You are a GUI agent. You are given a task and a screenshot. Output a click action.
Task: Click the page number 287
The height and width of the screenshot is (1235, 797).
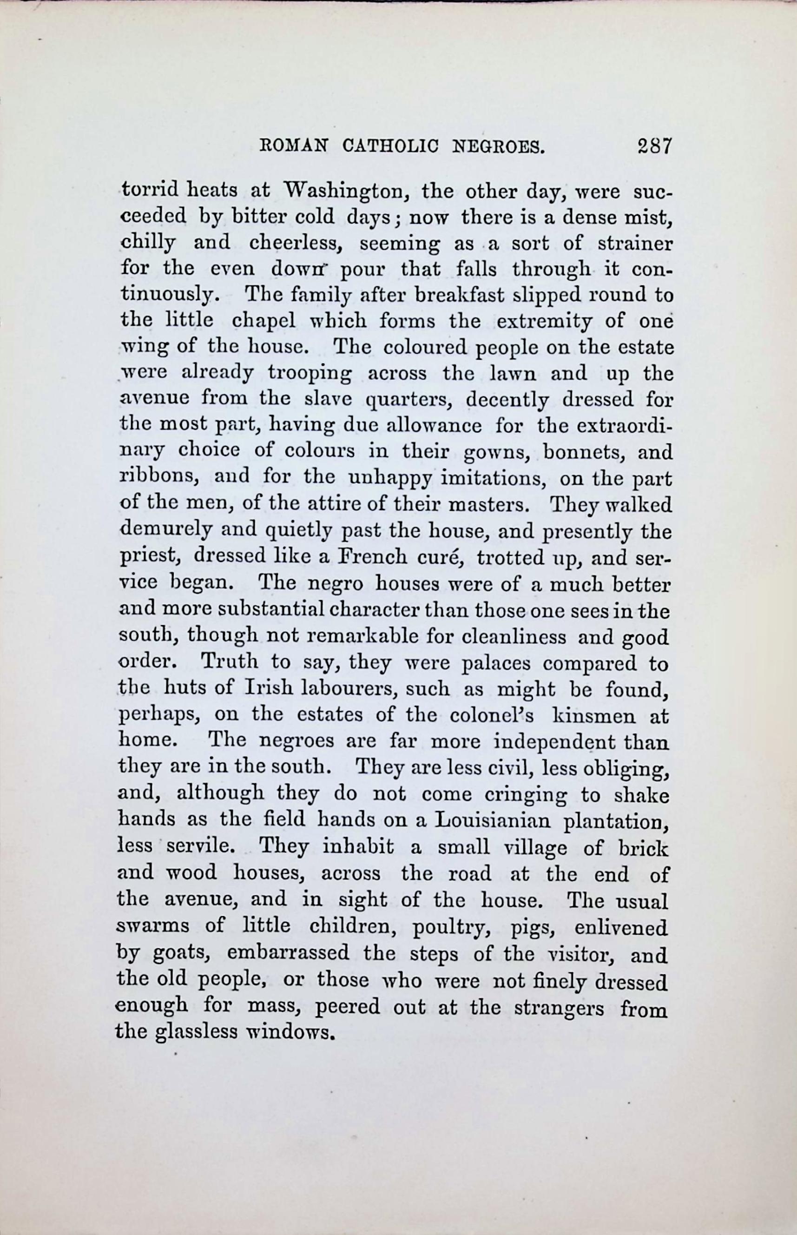point(654,146)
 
